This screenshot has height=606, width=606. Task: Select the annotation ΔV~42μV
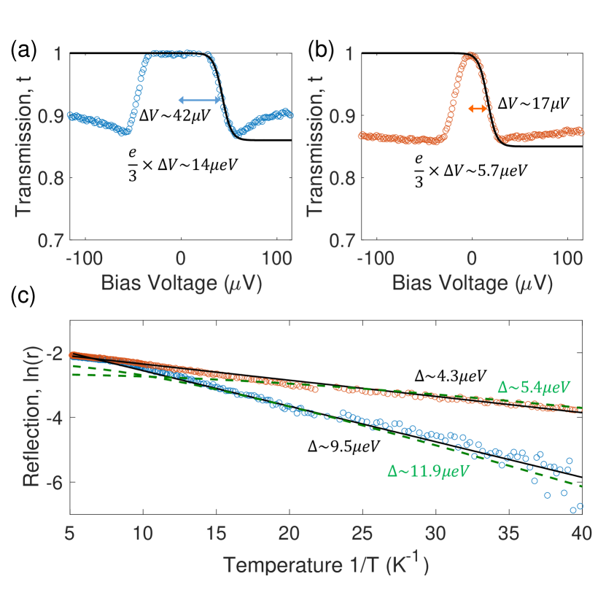coord(176,118)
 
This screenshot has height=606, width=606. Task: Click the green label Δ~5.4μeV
coord(533,386)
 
